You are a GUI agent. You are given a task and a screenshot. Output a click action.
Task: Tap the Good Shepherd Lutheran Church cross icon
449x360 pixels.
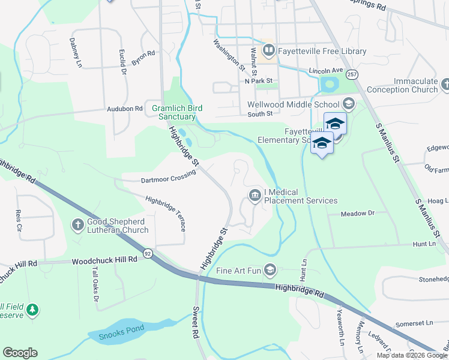pos(77,225)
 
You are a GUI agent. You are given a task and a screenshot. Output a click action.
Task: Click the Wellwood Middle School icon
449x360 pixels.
pos(348,104)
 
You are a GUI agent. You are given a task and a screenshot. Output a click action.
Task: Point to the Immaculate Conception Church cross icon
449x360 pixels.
pos(445,85)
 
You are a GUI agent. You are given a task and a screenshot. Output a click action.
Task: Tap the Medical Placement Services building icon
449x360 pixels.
pos(255,196)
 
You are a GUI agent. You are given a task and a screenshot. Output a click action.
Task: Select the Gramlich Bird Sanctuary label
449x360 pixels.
pos(176,112)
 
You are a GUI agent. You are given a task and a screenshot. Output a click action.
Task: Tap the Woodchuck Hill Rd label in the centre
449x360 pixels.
pos(104,261)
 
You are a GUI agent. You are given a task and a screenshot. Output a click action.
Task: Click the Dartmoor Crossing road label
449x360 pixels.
pos(160,176)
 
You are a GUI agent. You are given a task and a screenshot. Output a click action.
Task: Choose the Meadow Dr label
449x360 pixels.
pos(357,214)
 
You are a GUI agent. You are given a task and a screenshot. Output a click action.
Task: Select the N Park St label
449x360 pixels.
pos(258,80)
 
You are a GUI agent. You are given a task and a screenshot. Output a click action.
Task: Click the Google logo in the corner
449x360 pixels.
pos(20,353)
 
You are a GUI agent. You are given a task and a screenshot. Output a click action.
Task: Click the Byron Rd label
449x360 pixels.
pos(143,58)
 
